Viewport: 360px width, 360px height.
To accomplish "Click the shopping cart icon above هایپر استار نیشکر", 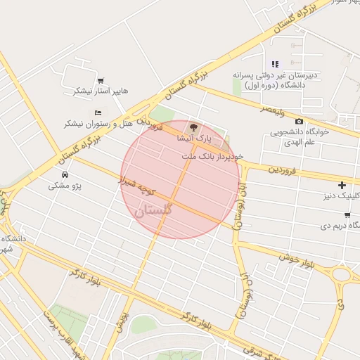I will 102,80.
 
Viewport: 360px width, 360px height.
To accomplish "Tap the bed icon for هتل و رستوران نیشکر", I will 98,112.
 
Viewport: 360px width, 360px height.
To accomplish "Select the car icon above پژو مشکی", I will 65,174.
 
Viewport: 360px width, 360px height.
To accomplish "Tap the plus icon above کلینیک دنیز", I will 342,186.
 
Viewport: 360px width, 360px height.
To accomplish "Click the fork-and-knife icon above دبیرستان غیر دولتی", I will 275,64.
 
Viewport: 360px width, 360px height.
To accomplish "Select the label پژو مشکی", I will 65,186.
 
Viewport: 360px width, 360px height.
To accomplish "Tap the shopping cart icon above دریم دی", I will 347,215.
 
